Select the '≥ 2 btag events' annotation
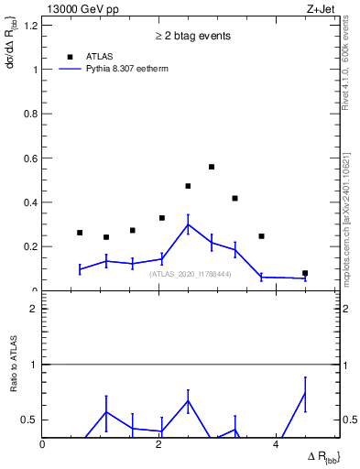(x=192, y=36)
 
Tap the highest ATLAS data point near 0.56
(x=212, y=167)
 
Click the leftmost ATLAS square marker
(x=80, y=233)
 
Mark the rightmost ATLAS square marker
(x=305, y=273)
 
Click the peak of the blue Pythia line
(x=188, y=224)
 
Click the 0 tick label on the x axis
(x=43, y=444)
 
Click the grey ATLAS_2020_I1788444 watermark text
(x=190, y=274)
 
